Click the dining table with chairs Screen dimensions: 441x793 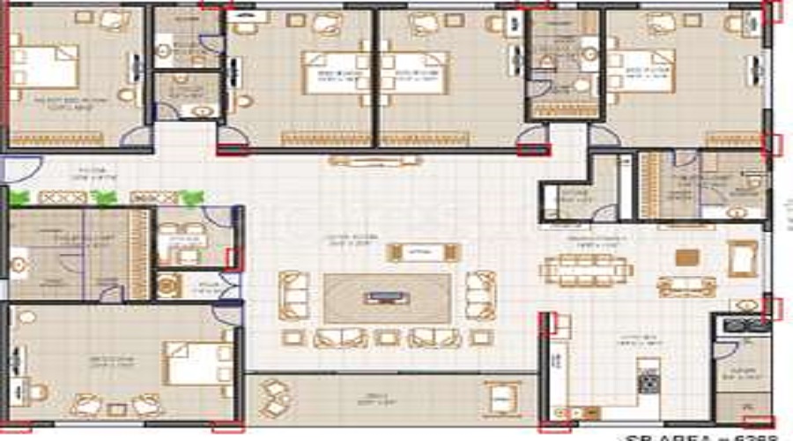pos(588,269)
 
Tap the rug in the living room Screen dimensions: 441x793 pos(387,297)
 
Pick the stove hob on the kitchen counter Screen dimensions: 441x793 pos(649,381)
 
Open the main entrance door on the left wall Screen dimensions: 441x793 pos(19,169)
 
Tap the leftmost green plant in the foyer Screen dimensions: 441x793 pos(19,198)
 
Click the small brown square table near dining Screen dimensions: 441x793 pos(687,258)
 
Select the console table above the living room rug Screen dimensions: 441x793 pos(423,252)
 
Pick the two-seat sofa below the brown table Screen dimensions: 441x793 pos(686,286)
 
